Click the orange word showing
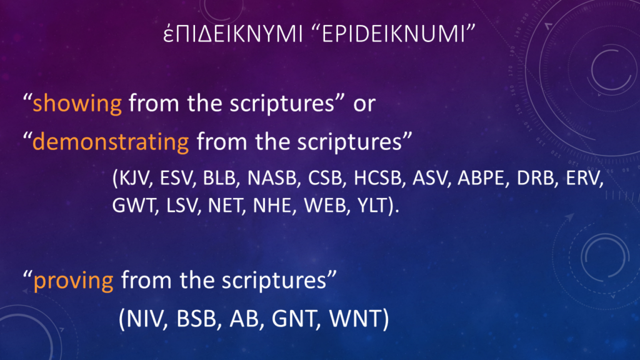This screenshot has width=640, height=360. tap(77, 104)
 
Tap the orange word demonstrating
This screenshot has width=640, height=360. tap(111, 142)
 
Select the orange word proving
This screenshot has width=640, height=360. tap(74, 281)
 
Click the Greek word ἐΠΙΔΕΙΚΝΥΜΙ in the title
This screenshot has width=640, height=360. tap(232, 34)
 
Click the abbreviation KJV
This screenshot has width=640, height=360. tap(132, 178)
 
